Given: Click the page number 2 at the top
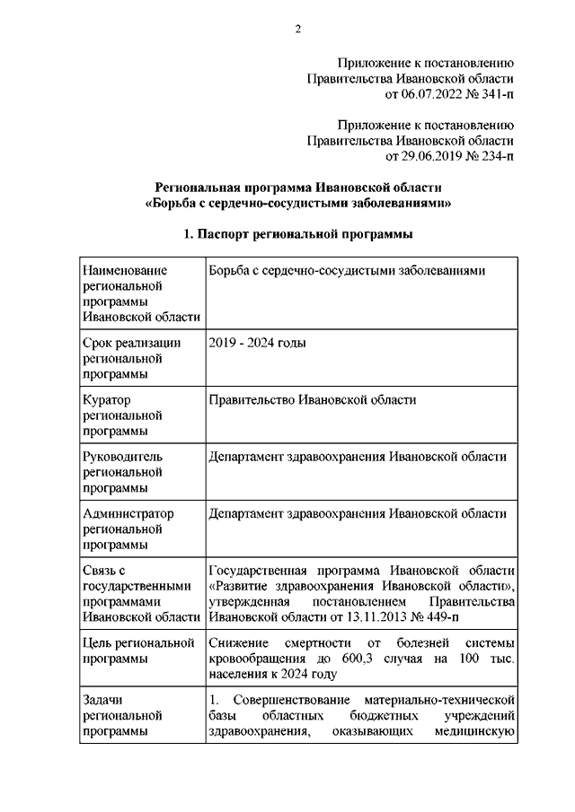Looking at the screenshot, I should tap(297, 30).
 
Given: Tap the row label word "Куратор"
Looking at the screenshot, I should tap(106, 400).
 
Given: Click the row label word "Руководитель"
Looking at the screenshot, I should tap(122, 457).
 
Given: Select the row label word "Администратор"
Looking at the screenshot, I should tap(128, 513).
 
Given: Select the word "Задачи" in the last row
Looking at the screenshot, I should tap(102, 700).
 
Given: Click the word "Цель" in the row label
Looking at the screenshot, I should tap(98, 643).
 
